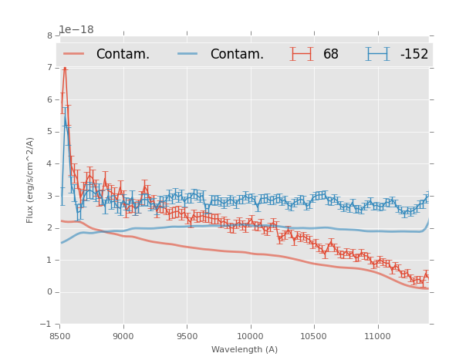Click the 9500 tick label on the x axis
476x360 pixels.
coord(187,337)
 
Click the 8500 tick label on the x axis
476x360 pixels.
coord(60,337)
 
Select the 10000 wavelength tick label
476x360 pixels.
coord(250,337)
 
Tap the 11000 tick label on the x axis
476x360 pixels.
coord(377,337)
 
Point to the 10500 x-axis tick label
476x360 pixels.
coord(314,337)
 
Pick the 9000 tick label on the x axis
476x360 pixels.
coord(123,337)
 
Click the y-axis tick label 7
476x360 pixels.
coord(50,68)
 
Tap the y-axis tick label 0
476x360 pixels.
coord(50,292)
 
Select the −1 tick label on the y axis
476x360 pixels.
coord(47,324)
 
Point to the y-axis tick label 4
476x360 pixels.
coord(50,164)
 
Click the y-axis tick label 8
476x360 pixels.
coord(50,35)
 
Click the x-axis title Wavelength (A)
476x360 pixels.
coord(244,350)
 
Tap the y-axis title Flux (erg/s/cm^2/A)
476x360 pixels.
coord(31,180)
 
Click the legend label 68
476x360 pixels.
coord(331,54)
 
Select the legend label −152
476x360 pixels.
coord(414,54)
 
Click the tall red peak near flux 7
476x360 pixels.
coord(65,69)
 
